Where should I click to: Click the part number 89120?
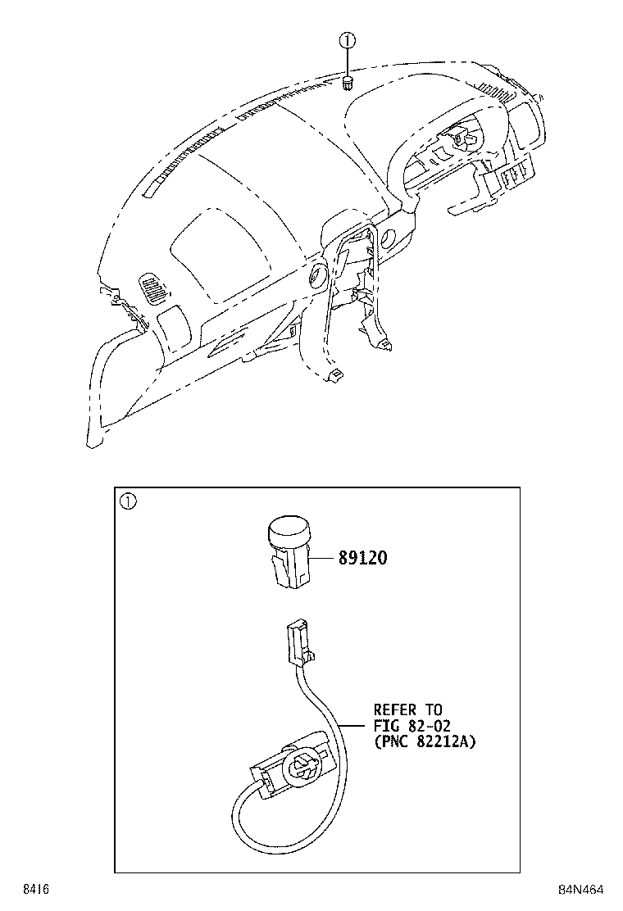(362, 558)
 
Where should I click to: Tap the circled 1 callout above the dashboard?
(347, 40)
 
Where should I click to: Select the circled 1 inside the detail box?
(128, 501)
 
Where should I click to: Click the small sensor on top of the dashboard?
(348, 83)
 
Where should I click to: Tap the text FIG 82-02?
(412, 726)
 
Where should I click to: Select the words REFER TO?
(407, 710)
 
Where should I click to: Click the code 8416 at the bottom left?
(36, 890)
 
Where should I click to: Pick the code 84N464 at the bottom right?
(580, 890)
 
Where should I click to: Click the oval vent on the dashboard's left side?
(153, 289)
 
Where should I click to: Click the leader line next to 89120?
(325, 559)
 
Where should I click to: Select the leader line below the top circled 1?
(347, 61)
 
